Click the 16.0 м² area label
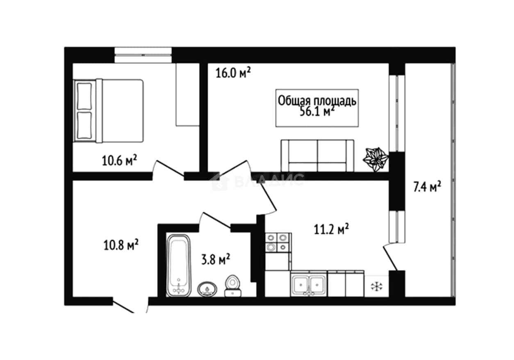pyautogui.click(x=233, y=72)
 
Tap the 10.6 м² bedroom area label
pyautogui.click(x=119, y=160)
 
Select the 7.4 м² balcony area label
pyautogui.click(x=427, y=186)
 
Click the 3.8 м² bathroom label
pyautogui.click(x=216, y=259)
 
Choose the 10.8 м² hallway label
pyautogui.click(x=121, y=245)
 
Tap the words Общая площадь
pyautogui.click(x=317, y=101)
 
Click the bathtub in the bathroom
pyautogui.click(x=179, y=265)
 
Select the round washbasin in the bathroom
pyautogui.click(x=207, y=290)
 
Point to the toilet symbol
pyautogui.click(x=233, y=286)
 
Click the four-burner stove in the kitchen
pyautogui.click(x=279, y=242)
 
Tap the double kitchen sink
pyautogui.click(x=309, y=284)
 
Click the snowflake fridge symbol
pyautogui.click(x=377, y=286)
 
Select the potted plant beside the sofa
pyautogui.click(x=375, y=159)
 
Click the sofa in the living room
pyautogui.click(x=318, y=156)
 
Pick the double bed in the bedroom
pyautogui.click(x=108, y=111)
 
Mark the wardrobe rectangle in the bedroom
pyautogui.click(x=187, y=95)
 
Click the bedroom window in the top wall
pyautogui.click(x=143, y=55)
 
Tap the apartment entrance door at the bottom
pyautogui.click(x=130, y=306)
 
